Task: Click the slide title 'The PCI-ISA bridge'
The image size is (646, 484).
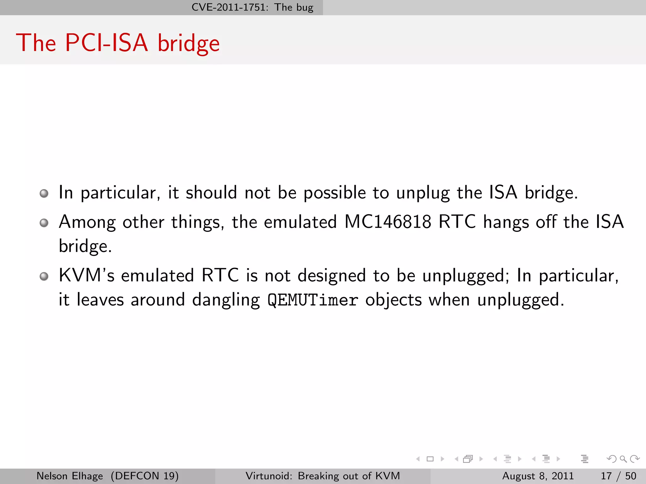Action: (118, 43)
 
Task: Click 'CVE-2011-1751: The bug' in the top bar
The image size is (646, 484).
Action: (252, 7)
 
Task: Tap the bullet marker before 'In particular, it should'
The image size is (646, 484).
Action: (44, 193)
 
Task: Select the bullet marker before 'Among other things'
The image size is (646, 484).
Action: (44, 223)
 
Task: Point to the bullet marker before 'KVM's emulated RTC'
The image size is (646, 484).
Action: (44, 276)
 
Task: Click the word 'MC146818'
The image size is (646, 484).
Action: (388, 222)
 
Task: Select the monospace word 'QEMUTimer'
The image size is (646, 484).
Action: (313, 300)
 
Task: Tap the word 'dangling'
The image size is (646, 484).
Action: (226, 300)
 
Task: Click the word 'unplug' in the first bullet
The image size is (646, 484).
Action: (423, 193)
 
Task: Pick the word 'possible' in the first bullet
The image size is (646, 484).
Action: (334, 193)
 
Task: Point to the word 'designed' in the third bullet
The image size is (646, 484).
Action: (332, 276)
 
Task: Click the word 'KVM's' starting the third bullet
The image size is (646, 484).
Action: (86, 275)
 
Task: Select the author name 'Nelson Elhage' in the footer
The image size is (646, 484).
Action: (70, 476)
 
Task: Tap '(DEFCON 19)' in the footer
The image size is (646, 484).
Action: (145, 476)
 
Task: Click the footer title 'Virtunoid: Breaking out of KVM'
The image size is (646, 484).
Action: (323, 476)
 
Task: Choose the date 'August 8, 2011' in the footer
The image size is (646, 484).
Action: (538, 476)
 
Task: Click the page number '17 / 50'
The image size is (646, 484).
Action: (618, 476)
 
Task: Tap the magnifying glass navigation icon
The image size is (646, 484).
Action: (623, 459)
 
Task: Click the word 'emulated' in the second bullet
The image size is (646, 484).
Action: (300, 222)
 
